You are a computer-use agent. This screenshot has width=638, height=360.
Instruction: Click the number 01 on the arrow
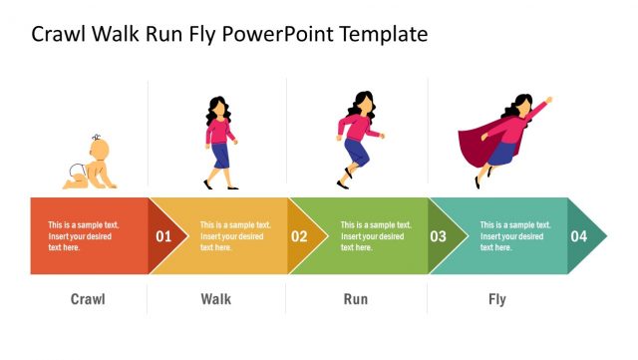tap(163, 237)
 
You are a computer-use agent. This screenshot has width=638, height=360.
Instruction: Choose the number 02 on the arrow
tap(299, 237)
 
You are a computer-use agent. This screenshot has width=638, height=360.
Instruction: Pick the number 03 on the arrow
tap(438, 237)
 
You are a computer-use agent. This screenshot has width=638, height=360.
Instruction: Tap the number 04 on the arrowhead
tap(578, 237)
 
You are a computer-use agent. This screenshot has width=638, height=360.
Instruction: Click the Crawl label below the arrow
tap(88, 299)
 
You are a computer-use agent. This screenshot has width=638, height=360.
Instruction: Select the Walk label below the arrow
tap(216, 299)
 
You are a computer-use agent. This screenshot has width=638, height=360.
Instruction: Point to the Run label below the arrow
tap(356, 299)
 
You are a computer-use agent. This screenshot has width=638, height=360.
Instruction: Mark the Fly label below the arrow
tap(496, 299)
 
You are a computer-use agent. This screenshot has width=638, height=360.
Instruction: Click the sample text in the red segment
tap(84, 236)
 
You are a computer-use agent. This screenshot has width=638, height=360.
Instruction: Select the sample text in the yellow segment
tap(235, 236)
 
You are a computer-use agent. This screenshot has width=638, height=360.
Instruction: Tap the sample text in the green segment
tap(376, 236)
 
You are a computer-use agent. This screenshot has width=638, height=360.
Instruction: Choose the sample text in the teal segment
tap(515, 236)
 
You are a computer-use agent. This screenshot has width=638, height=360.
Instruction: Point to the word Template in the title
tap(384, 35)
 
